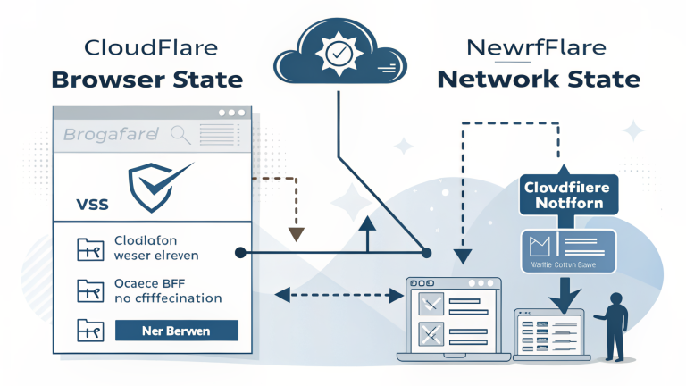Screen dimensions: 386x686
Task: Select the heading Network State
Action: (x=539, y=79)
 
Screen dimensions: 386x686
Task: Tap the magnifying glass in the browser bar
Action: (x=180, y=136)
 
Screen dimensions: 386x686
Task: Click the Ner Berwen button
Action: (x=177, y=331)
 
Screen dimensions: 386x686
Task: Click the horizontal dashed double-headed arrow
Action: (x=336, y=292)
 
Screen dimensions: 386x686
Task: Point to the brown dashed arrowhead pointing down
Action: (x=297, y=234)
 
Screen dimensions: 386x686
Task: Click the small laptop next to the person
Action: (x=547, y=332)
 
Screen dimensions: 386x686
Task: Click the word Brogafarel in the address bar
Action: (x=110, y=136)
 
